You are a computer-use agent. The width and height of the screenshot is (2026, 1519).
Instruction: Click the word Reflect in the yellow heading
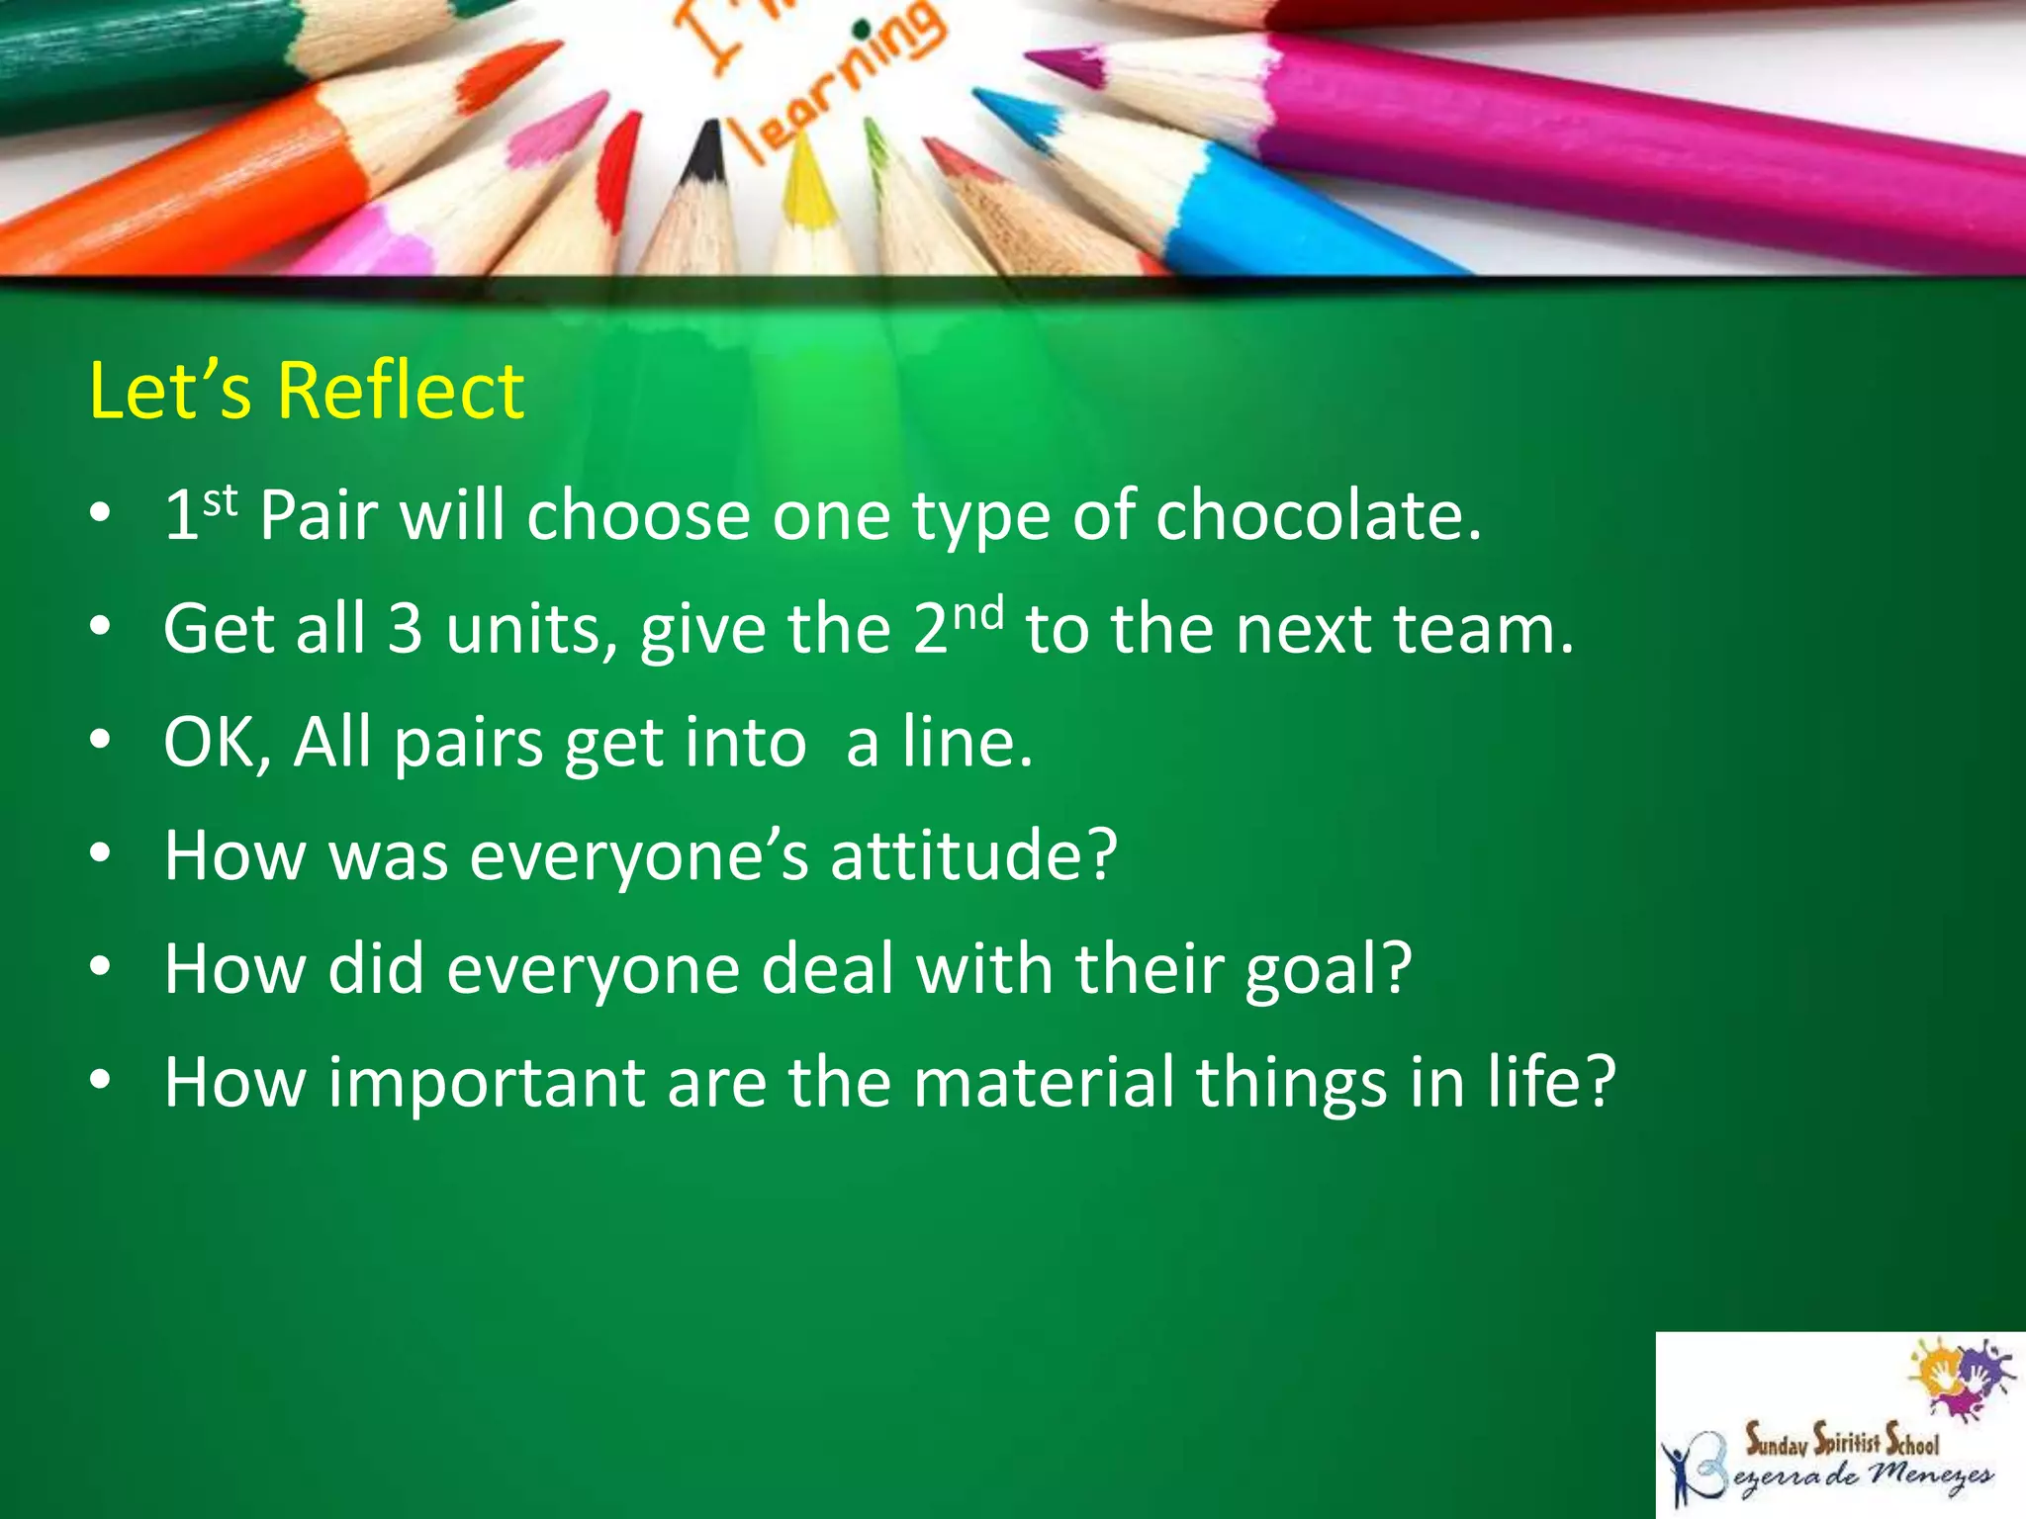[x=400, y=392]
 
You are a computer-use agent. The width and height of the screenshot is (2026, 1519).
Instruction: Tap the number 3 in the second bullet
[x=405, y=629]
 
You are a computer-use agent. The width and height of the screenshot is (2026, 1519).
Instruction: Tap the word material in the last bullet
[x=1043, y=1082]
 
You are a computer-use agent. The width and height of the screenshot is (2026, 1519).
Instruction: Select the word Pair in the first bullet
[x=319, y=516]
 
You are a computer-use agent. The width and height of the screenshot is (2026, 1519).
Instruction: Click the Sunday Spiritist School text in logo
[x=1841, y=1441]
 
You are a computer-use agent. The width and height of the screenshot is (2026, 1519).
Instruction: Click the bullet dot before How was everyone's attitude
[x=99, y=855]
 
